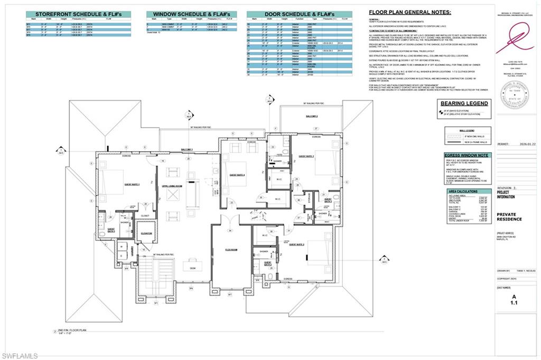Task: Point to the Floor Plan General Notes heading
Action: (409, 11)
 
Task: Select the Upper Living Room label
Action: (172, 186)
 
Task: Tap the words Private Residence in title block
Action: (509, 217)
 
